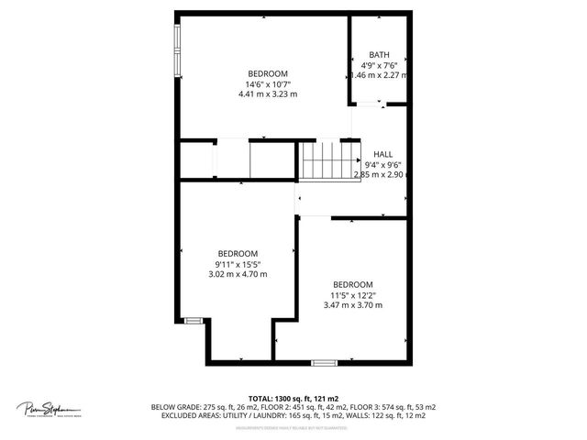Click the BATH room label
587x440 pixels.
[378, 55]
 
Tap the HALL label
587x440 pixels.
[382, 154]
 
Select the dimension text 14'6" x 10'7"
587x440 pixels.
[268, 83]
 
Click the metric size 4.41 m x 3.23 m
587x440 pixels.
[268, 93]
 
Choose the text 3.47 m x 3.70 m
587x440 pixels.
[353, 304]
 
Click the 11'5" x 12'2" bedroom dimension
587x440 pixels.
[353, 294]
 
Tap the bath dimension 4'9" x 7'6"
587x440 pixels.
[379, 65]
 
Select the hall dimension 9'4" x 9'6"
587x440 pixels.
[382, 164]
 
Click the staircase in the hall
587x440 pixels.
[324, 161]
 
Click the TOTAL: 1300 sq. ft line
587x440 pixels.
[293, 398]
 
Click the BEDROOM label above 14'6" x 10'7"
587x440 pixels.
[268, 73]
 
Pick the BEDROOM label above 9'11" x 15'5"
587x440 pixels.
[237, 253]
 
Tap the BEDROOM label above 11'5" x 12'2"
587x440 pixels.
[353, 284]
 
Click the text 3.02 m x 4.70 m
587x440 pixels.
[237, 273]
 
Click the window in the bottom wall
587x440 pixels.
[324, 363]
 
